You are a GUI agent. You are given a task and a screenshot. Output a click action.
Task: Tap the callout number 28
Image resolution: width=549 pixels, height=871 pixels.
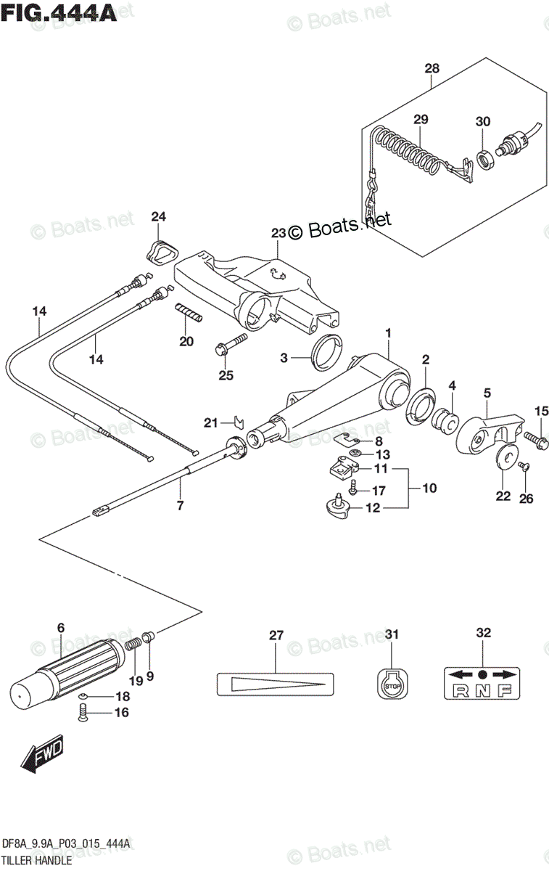pyautogui.click(x=432, y=69)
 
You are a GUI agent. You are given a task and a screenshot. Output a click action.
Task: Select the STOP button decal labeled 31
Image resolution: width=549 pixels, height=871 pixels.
pyautogui.click(x=392, y=684)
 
